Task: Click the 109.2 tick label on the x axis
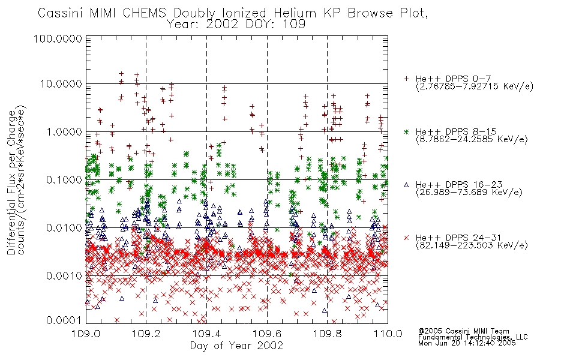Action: [x=146, y=334]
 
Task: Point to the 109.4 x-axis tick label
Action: [x=207, y=334]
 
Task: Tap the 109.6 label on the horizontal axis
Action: [x=267, y=334]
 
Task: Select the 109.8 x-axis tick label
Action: [x=328, y=334]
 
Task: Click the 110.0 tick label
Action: [x=388, y=334]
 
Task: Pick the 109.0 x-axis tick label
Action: [x=86, y=334]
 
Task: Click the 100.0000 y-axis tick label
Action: [x=58, y=38]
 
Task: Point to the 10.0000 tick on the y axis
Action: [x=61, y=84]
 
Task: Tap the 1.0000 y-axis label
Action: [x=64, y=132]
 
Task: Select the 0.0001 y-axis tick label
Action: [x=64, y=320]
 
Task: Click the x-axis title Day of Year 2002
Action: [x=236, y=346]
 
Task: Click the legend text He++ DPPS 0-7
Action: [x=454, y=79]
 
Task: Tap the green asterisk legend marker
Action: [x=406, y=132]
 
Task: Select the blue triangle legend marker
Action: [x=406, y=185]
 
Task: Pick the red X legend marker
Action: [x=406, y=238]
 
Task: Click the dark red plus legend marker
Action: [x=406, y=79]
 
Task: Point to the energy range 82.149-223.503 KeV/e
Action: [x=472, y=245]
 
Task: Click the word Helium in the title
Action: [x=295, y=13]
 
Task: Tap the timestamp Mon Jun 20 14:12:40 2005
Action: [x=467, y=343]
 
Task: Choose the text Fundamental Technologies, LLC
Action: [x=473, y=337]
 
